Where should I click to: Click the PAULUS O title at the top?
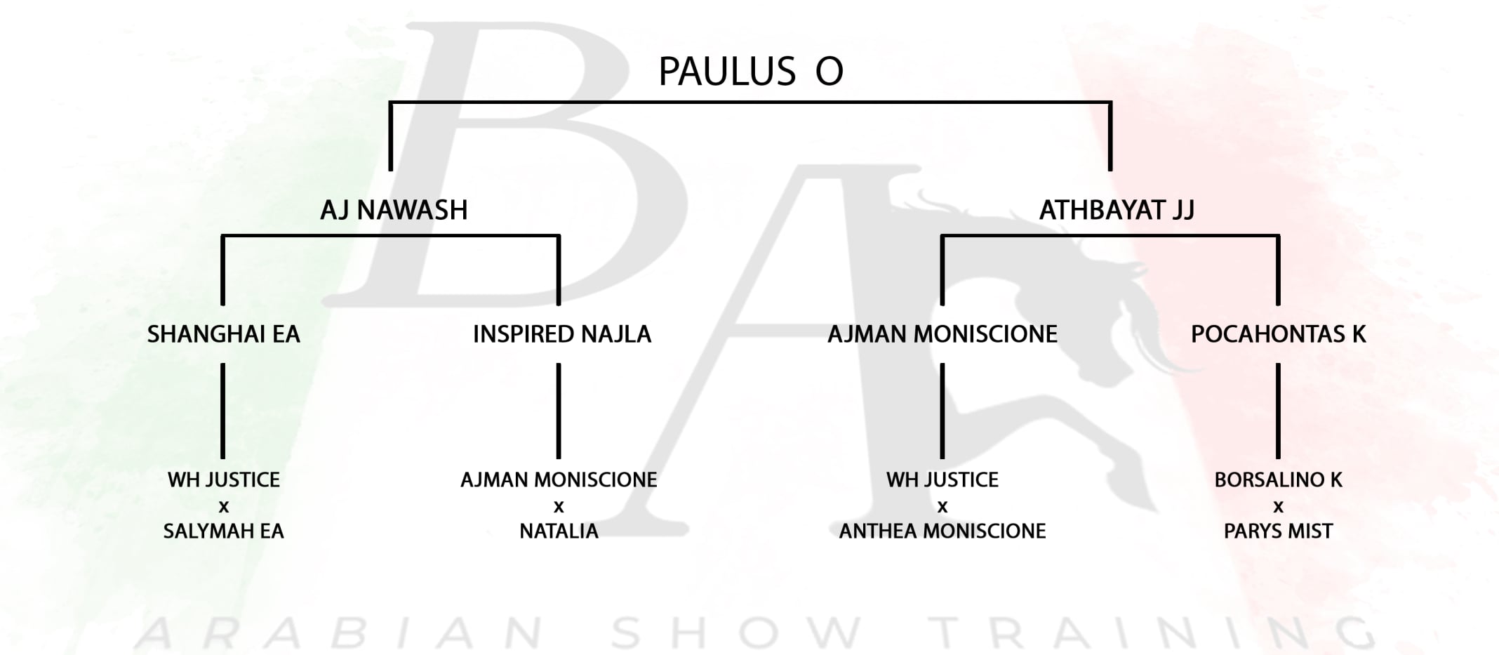click(x=750, y=72)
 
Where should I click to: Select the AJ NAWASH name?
click(x=394, y=210)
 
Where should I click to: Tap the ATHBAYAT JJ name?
click(x=1117, y=210)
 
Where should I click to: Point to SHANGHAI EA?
click(x=223, y=334)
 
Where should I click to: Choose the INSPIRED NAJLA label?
click(x=562, y=334)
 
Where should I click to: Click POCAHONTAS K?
click(x=1278, y=334)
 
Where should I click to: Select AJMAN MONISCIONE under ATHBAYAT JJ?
click(x=942, y=334)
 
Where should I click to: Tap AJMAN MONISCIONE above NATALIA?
click(x=559, y=480)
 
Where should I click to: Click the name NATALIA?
click(x=559, y=531)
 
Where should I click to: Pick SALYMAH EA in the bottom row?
click(x=223, y=531)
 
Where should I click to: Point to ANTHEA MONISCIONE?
click(x=942, y=531)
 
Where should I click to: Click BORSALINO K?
click(x=1278, y=480)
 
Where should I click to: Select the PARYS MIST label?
click(x=1278, y=531)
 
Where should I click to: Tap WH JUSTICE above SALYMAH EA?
click(x=223, y=480)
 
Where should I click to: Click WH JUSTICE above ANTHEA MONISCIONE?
click(x=942, y=480)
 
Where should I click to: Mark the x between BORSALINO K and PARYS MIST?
click(x=1278, y=507)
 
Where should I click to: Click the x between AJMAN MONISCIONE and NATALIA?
click(x=559, y=507)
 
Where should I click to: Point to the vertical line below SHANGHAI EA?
click(x=223, y=411)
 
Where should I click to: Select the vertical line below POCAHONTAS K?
click(x=1278, y=411)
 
